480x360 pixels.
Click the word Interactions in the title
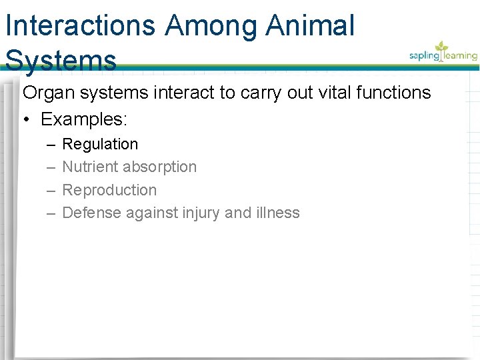pos(81,26)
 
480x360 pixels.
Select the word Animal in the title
pos(310,26)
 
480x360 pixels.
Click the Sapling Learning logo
pos(443,53)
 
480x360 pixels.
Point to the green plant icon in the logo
pos(441,48)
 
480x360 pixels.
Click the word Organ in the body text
pos(49,93)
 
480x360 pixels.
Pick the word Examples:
pos(84,119)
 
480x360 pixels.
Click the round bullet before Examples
pos(27,120)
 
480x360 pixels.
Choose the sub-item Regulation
pos(100,144)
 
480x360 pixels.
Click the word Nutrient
pos(90,167)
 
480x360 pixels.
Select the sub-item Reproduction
pos(109,190)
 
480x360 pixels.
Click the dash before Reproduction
pos(51,190)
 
